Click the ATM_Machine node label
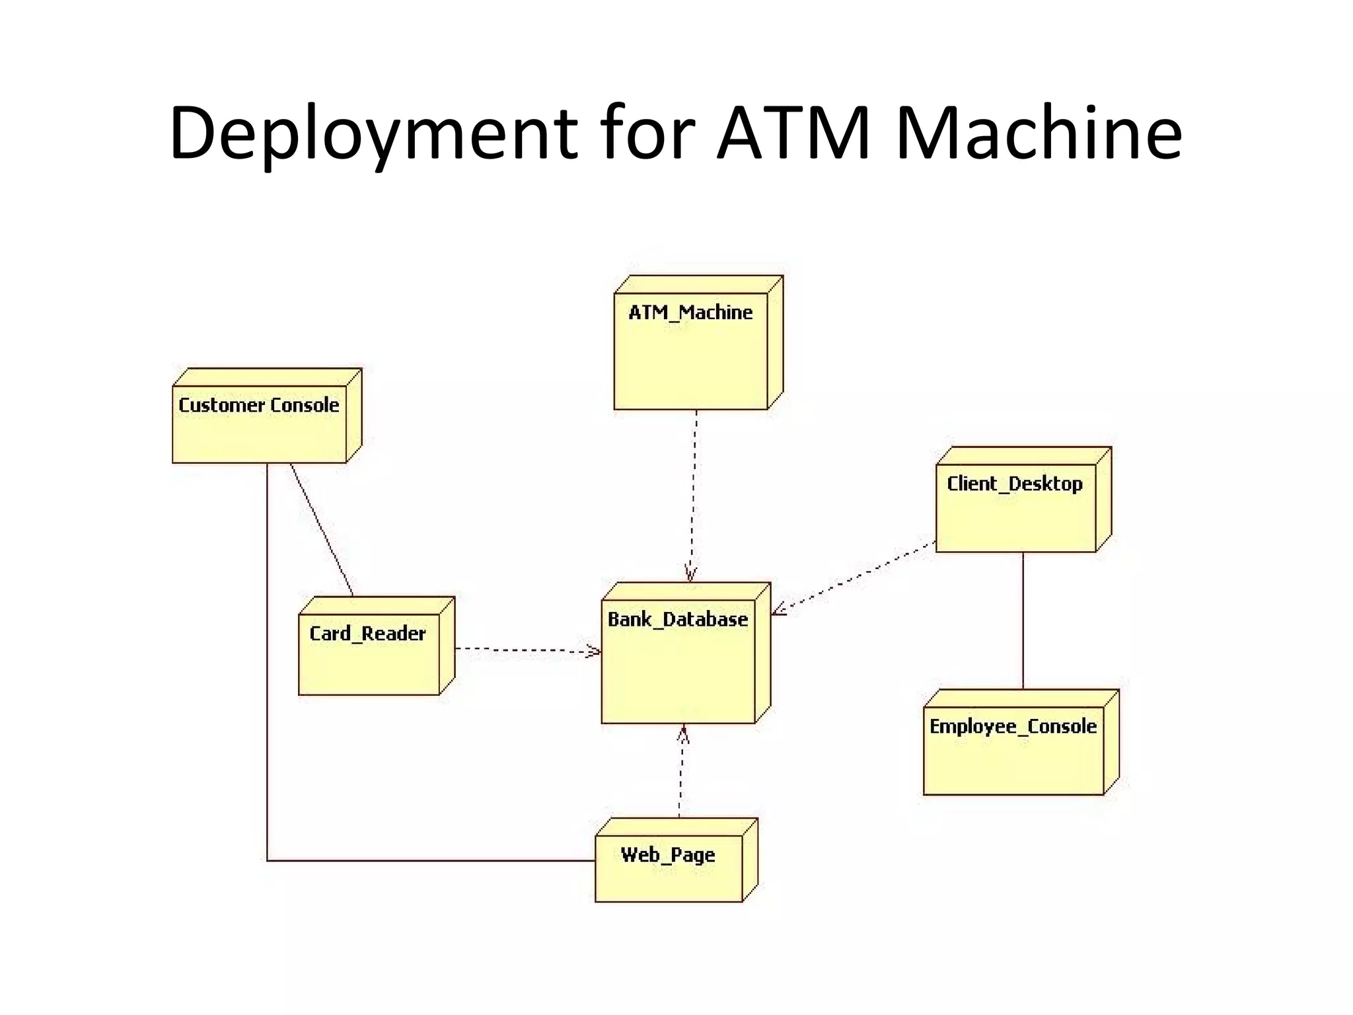coord(690,313)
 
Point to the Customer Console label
coord(258,405)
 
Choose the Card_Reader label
coord(367,634)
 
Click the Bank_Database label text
coord(677,620)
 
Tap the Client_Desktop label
coord(1014,484)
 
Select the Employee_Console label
coord(1012,726)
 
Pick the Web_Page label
coord(667,855)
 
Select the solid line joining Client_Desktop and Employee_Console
coord(1023,621)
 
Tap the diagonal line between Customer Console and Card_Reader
coord(321,529)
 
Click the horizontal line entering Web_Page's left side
coord(429,860)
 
